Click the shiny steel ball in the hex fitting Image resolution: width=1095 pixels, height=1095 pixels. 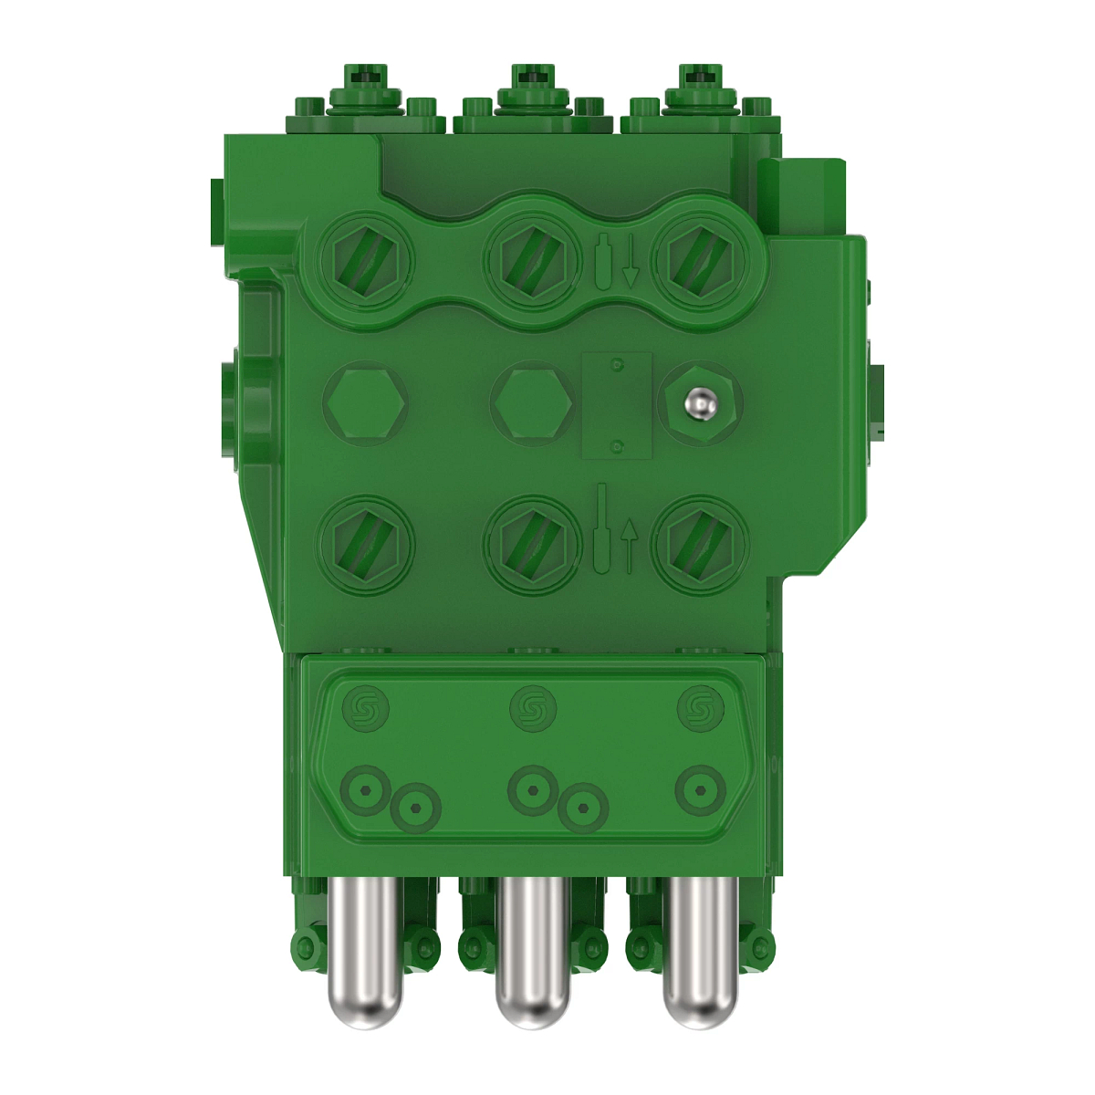[700, 402]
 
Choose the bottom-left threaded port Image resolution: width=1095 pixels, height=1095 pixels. [365, 545]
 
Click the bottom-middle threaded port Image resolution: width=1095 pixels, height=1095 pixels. [533, 545]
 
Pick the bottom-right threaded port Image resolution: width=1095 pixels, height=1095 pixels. [701, 545]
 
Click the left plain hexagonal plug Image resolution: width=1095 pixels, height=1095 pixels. [365, 403]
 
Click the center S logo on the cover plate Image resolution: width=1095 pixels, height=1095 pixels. [533, 708]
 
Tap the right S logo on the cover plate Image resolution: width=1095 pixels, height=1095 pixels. [700, 708]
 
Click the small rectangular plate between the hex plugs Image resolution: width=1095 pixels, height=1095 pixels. [618, 405]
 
